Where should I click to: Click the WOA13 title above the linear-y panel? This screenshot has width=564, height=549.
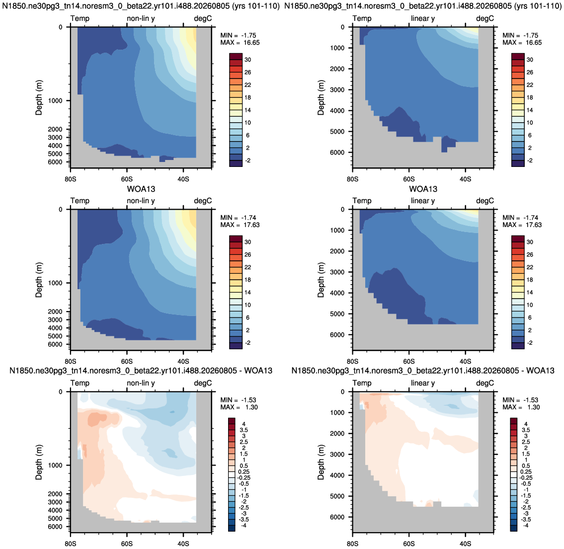[x=423, y=189]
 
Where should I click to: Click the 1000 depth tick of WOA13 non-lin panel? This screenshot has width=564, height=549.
[x=55, y=283]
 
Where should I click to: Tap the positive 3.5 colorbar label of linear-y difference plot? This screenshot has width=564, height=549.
[x=526, y=430]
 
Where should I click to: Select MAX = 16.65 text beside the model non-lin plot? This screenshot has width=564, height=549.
[x=240, y=42]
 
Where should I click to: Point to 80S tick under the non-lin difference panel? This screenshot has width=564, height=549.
[x=71, y=544]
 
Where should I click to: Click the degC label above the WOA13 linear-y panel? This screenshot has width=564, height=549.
[x=485, y=201]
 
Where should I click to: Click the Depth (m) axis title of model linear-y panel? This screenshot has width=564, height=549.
[x=321, y=97]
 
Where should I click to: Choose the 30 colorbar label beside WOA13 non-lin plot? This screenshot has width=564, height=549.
[x=248, y=242]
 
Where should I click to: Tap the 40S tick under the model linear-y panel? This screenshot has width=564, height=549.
[x=465, y=179]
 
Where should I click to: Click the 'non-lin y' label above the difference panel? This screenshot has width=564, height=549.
[x=141, y=383]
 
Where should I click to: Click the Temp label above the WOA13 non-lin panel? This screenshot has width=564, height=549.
[x=80, y=201]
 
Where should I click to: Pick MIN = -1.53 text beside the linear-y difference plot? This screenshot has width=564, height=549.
[x=523, y=400]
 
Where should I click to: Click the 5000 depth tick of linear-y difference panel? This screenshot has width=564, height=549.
[x=337, y=496]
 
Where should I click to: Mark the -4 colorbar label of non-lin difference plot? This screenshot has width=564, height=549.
[x=243, y=526]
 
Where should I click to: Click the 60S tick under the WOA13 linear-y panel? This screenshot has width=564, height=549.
[x=408, y=361]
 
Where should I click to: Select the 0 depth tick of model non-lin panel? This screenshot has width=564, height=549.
[x=61, y=27]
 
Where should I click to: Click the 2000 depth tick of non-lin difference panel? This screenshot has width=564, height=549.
[x=55, y=494]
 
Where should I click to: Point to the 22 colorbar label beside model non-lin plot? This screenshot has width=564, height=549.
[x=248, y=85]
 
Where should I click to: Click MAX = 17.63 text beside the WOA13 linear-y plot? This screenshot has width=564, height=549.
[x=522, y=225]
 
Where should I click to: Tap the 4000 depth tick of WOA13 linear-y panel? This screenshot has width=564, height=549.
[x=337, y=293]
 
